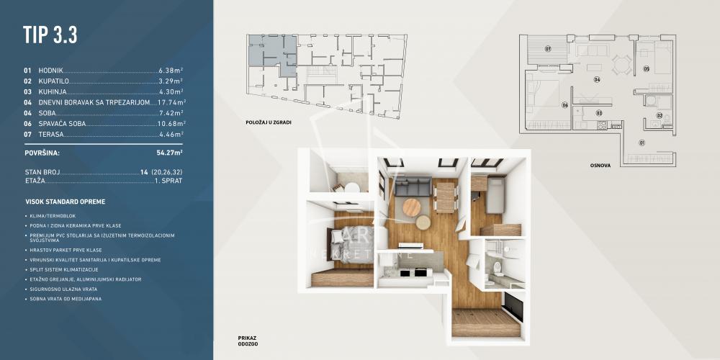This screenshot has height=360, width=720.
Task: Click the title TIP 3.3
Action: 50,35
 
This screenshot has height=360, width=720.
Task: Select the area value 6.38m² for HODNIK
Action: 171,71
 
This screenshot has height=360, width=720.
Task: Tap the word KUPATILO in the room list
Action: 55,81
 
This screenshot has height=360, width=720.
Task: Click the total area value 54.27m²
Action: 169,153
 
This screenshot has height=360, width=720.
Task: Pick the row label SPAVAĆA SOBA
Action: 65,123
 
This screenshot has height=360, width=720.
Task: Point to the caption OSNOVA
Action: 599,165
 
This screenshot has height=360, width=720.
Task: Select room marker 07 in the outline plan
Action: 548,49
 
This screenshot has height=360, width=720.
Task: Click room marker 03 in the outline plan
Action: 598,112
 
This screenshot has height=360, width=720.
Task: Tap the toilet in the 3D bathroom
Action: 496,268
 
